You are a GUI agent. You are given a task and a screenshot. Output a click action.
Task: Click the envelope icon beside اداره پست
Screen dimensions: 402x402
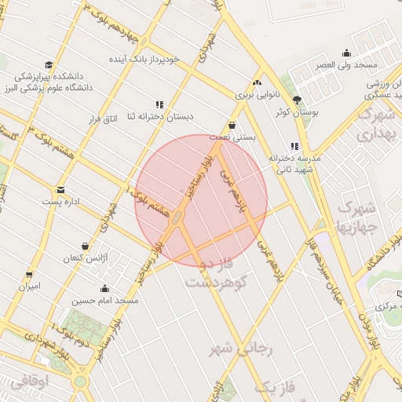coord(60,190)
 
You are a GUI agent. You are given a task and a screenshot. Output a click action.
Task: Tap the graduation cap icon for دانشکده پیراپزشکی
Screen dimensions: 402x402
coord(49,65)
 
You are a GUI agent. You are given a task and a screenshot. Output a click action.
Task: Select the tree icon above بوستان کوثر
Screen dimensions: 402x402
coord(297,100)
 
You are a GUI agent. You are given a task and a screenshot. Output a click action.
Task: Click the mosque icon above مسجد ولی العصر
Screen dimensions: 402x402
coord(346,53)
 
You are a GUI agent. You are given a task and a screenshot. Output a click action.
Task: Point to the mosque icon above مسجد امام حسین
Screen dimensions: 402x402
coord(105,288)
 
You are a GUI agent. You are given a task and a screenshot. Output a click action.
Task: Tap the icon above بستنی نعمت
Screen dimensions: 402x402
coord(232,125)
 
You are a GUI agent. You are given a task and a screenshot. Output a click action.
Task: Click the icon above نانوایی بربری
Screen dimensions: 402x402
coord(257,82)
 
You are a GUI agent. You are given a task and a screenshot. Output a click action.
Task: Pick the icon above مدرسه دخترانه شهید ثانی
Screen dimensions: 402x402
coord(294,146)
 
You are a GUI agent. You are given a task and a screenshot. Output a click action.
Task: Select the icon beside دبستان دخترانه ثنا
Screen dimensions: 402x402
coord(160,104)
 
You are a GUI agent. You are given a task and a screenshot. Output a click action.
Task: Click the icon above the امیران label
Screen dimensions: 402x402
coord(30,275)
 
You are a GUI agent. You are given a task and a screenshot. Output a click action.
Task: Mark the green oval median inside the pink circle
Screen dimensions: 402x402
coord(179,217)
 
